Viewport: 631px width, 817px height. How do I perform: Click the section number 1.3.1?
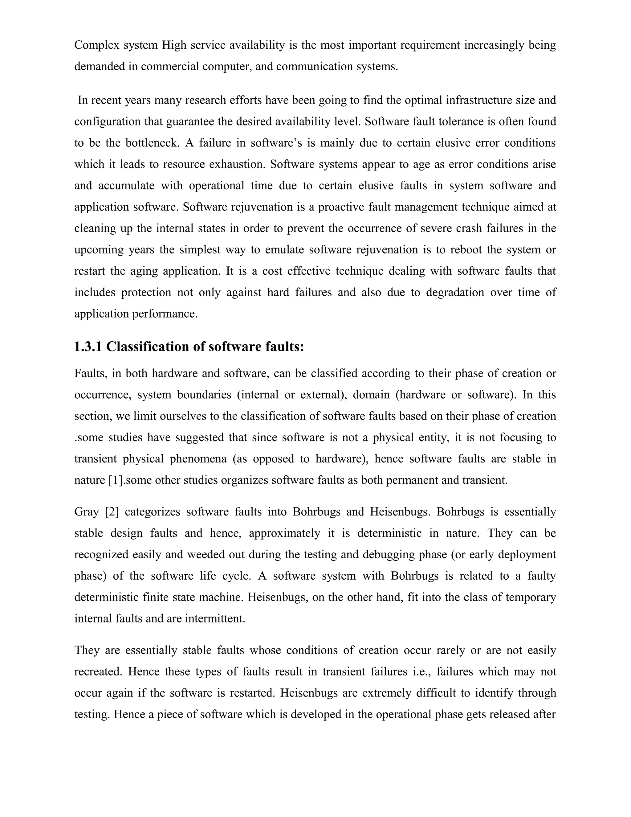88,347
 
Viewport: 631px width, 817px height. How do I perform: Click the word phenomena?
198,459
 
